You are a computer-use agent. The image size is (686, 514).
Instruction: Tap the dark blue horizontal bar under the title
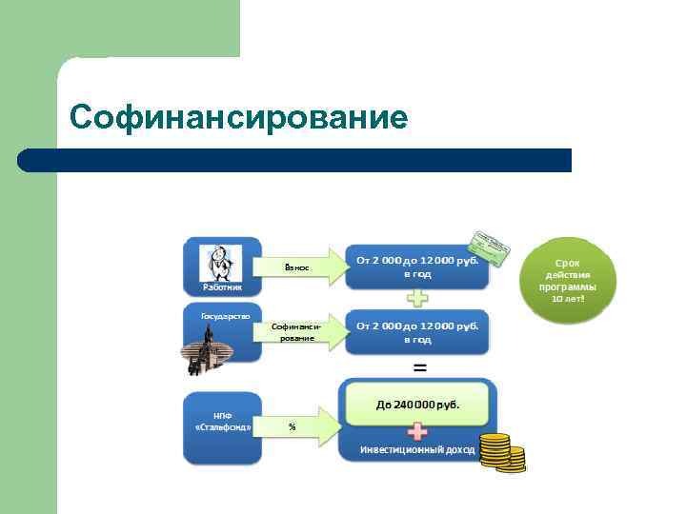(x=295, y=159)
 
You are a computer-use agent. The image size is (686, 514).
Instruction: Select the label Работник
(x=221, y=286)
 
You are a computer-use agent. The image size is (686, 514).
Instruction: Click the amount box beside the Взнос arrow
(x=417, y=267)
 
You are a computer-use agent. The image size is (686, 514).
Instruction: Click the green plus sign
(x=417, y=298)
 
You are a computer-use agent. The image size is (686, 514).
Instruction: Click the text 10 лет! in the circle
(x=568, y=299)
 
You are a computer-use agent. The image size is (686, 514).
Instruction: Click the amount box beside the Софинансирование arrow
(x=417, y=332)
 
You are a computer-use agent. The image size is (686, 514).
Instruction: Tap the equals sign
(x=418, y=366)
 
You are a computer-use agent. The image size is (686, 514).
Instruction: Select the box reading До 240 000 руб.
(x=417, y=404)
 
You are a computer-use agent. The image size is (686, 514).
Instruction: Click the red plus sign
(x=417, y=431)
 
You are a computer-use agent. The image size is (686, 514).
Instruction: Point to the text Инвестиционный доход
(x=416, y=449)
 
